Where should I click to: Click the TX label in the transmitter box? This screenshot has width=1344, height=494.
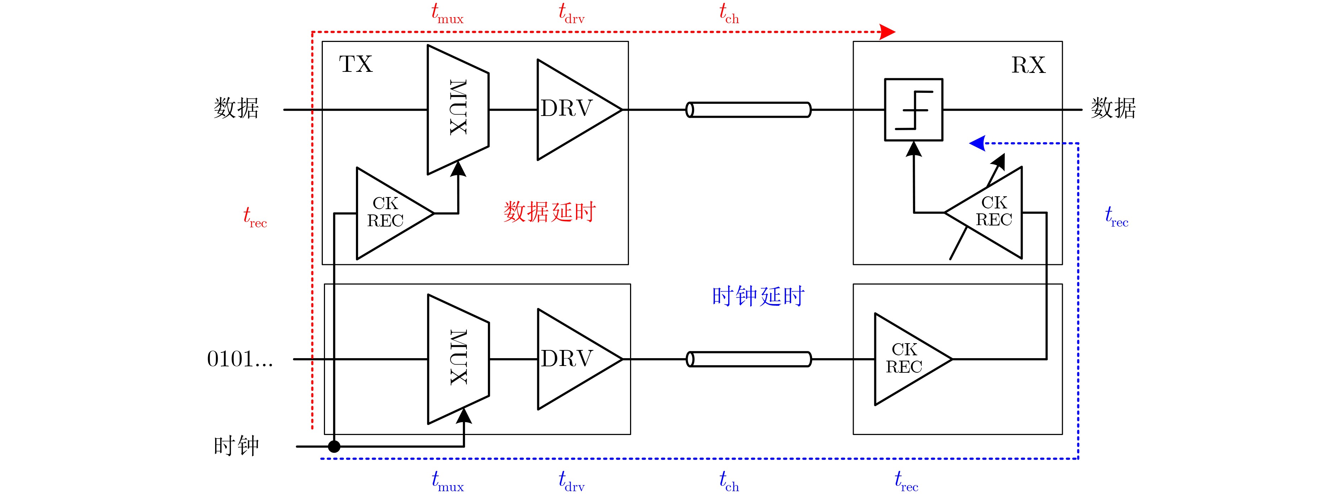(356, 64)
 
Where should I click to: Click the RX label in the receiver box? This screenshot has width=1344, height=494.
(1028, 65)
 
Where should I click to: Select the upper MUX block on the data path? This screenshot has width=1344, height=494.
(458, 109)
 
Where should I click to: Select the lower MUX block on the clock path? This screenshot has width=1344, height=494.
(458, 359)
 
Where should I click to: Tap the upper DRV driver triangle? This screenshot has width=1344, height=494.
(571, 109)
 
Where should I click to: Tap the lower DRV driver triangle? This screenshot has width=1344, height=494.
(572, 359)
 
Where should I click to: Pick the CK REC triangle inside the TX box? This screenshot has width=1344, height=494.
(389, 213)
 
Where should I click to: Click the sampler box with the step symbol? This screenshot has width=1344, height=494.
(913, 110)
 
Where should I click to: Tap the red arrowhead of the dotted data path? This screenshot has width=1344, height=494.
(887, 32)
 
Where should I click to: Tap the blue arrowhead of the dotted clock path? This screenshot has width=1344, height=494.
(977, 143)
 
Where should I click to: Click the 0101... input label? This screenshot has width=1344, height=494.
(240, 359)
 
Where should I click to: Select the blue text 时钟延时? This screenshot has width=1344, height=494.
(758, 296)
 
